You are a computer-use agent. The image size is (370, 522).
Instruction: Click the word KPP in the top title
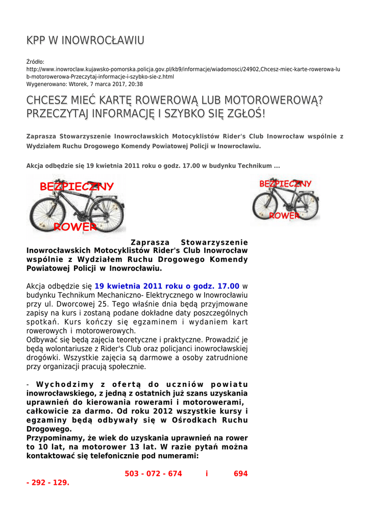pos(37,40)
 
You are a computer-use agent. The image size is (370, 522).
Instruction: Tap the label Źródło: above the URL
pos(35,62)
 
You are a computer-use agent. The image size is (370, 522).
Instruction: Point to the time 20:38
pos(136,84)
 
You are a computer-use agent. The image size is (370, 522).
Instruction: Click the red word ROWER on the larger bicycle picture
pos(75,226)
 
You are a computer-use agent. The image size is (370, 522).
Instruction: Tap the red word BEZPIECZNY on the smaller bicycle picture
pos(285,184)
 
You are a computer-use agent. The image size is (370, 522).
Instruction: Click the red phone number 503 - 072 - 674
pos(153,474)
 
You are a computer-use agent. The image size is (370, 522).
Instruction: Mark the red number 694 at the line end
pos(240,474)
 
